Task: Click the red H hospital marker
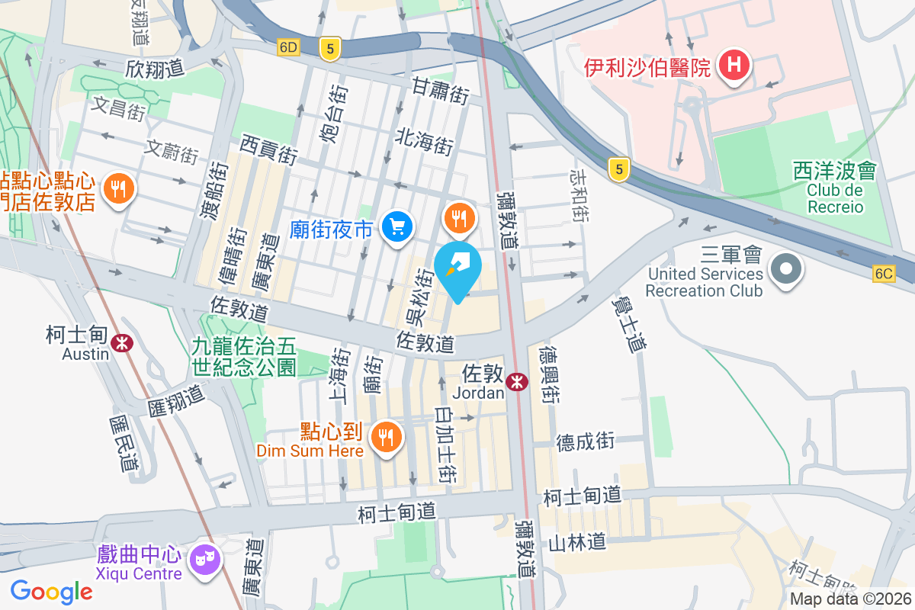(734, 66)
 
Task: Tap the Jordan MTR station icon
(517, 381)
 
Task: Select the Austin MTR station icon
(121, 342)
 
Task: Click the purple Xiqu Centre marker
(206, 560)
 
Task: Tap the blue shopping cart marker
(396, 226)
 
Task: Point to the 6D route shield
(288, 47)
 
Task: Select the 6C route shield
(884, 274)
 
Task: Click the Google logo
(52, 591)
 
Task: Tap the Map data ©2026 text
(851, 599)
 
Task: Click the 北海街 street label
(425, 142)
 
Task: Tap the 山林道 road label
(578, 542)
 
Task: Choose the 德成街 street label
(585, 441)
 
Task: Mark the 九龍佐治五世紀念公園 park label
(243, 357)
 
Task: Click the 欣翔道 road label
(156, 68)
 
